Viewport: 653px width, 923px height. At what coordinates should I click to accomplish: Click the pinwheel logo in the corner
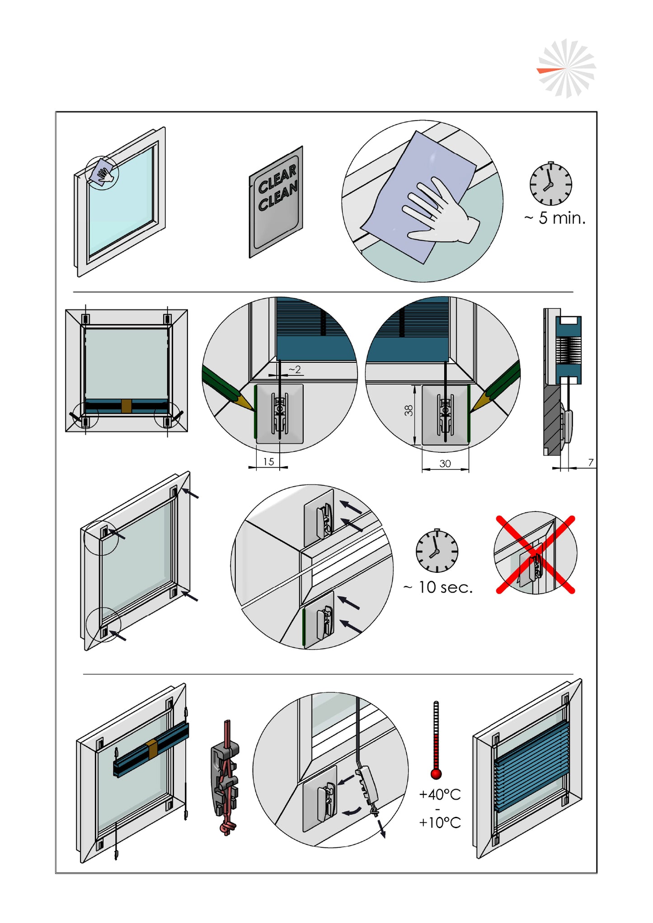click(566, 69)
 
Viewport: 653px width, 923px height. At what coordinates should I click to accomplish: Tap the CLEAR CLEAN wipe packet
click(277, 202)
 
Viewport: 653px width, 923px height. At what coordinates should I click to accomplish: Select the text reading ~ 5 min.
click(555, 218)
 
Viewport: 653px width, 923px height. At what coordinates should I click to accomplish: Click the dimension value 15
click(268, 462)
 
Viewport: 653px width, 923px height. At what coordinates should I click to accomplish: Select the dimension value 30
click(445, 464)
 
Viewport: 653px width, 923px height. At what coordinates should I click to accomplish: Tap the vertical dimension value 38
click(409, 410)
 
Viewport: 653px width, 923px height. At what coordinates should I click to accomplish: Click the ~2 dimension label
click(295, 370)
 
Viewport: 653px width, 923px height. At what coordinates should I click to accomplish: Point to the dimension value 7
click(591, 462)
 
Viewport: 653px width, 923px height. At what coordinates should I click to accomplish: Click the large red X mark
click(536, 554)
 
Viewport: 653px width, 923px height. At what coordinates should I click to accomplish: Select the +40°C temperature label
click(440, 795)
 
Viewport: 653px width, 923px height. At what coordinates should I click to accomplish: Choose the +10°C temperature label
click(440, 823)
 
